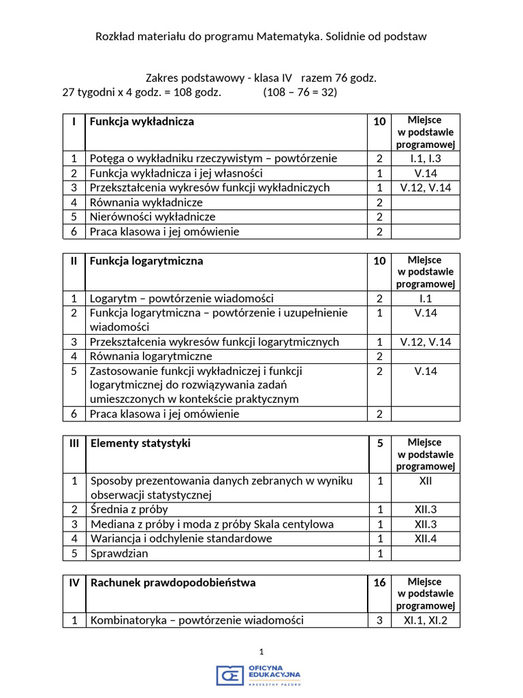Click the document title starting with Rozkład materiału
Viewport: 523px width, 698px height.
coord(261,37)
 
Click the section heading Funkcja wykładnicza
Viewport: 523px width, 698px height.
coord(142,121)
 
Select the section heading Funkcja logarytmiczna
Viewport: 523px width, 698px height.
coord(146,261)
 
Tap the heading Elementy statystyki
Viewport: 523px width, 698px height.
coord(140,444)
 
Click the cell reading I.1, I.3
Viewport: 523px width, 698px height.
coord(426,159)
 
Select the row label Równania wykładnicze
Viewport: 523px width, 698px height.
coord(146,202)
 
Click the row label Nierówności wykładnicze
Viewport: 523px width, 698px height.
coord(153,217)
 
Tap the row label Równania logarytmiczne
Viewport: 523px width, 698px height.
coord(151,356)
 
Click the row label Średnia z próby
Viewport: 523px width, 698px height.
coord(129,510)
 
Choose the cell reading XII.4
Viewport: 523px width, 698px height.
coord(426,538)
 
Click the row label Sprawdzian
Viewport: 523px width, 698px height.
coord(119,553)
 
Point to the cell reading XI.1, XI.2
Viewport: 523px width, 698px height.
coord(426,620)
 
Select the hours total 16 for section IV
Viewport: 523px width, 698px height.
coord(379,583)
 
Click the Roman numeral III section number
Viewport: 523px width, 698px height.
coord(74,444)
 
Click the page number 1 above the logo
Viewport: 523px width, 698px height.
coord(261,652)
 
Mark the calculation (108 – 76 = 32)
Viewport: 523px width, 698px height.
coord(300,92)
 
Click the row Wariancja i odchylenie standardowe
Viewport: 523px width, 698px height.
coord(181,538)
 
